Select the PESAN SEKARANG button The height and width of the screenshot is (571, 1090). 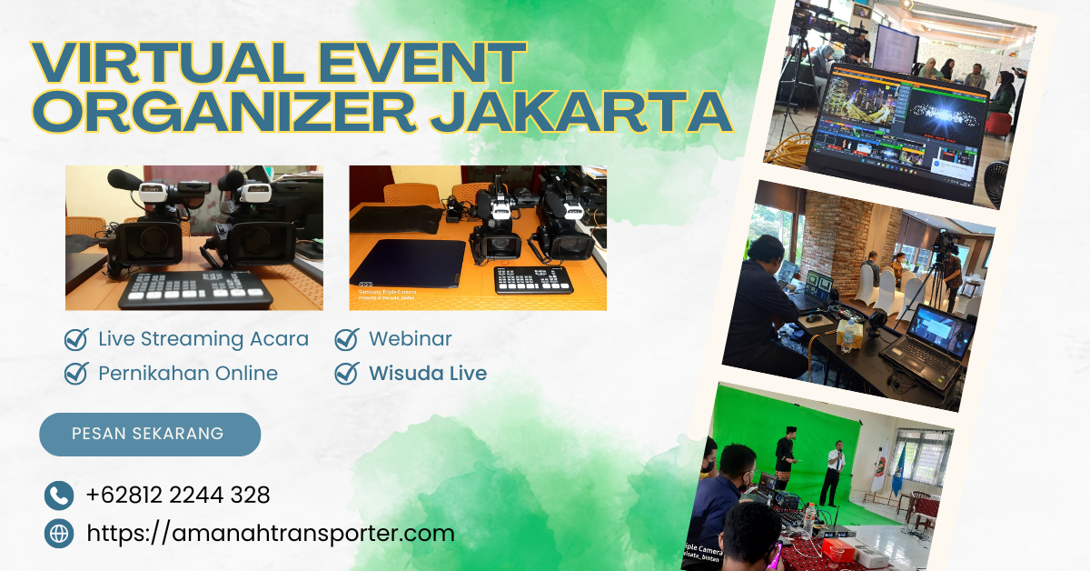coord(149,434)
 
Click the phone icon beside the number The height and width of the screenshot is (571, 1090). coord(59,496)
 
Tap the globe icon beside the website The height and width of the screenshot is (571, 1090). coord(59,534)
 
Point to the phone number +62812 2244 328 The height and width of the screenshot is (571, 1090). coord(178,496)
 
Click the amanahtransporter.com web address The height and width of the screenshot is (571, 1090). coord(270,533)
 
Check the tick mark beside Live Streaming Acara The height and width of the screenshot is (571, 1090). coord(76,339)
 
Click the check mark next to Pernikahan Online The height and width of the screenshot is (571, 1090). coord(76,373)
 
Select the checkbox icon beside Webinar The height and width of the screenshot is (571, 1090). coord(346,339)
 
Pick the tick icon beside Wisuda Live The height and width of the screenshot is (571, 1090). coord(346,373)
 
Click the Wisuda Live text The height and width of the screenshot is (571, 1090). coord(427,373)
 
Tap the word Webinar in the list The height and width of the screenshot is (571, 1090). coord(410,339)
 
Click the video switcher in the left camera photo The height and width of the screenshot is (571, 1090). coord(195,289)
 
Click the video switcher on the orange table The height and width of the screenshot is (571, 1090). coord(532,278)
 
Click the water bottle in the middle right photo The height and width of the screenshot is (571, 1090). coord(847,336)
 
